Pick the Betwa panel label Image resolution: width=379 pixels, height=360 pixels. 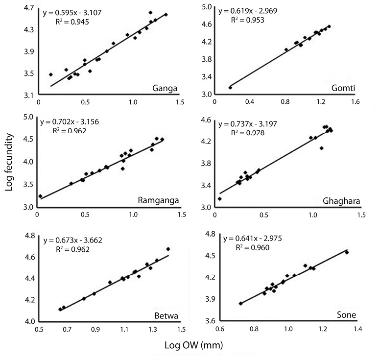coord(165,314)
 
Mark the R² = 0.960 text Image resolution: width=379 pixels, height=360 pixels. coord(256,247)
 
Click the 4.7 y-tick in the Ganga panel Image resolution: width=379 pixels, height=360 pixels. coord(28,8)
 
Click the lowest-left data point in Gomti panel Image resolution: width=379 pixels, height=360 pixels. coord(230,87)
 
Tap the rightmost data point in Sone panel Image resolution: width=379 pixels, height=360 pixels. coord(347,252)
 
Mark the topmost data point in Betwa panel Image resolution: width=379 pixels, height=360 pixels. coord(168,249)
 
